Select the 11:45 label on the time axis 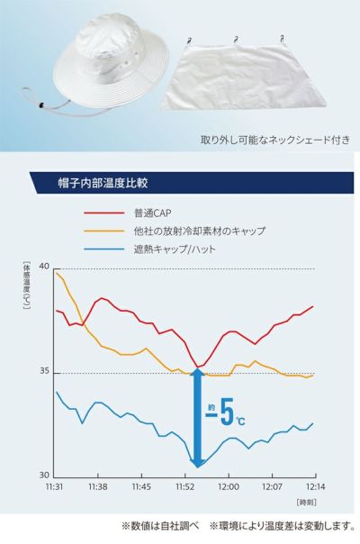142,487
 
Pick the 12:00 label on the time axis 228,487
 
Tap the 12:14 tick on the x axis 313,487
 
